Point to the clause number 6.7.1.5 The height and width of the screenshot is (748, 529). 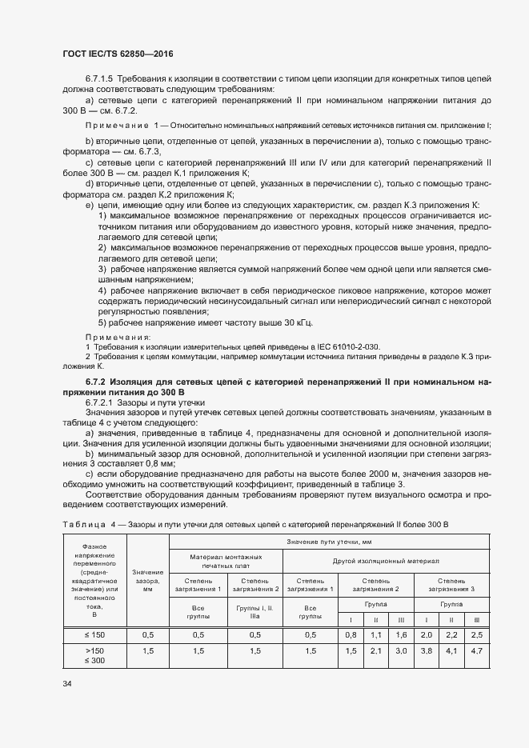click(x=101, y=80)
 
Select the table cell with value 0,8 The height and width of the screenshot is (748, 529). click(x=350, y=634)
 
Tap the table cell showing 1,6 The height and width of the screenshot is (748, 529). click(x=402, y=634)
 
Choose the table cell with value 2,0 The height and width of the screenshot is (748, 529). click(x=426, y=634)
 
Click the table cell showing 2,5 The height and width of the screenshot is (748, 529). click(x=476, y=634)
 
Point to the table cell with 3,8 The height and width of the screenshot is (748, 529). click(x=426, y=652)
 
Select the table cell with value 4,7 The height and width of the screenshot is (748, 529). click(x=476, y=652)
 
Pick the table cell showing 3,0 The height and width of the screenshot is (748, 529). click(x=402, y=652)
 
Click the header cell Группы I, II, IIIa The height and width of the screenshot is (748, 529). click(x=255, y=613)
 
